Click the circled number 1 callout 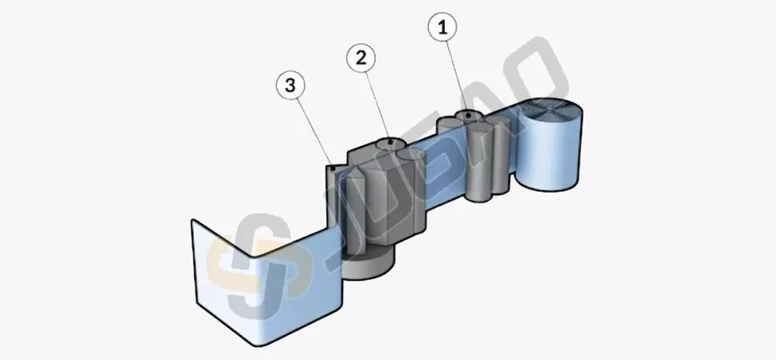tap(443, 28)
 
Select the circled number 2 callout tap(361, 58)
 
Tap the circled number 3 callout tap(290, 85)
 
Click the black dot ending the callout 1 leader tap(468, 116)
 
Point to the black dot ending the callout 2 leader tap(390, 143)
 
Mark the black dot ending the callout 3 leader tap(334, 168)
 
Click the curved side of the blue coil tap(549, 154)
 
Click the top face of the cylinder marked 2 tap(391, 144)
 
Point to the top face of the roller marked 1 tap(468, 116)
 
